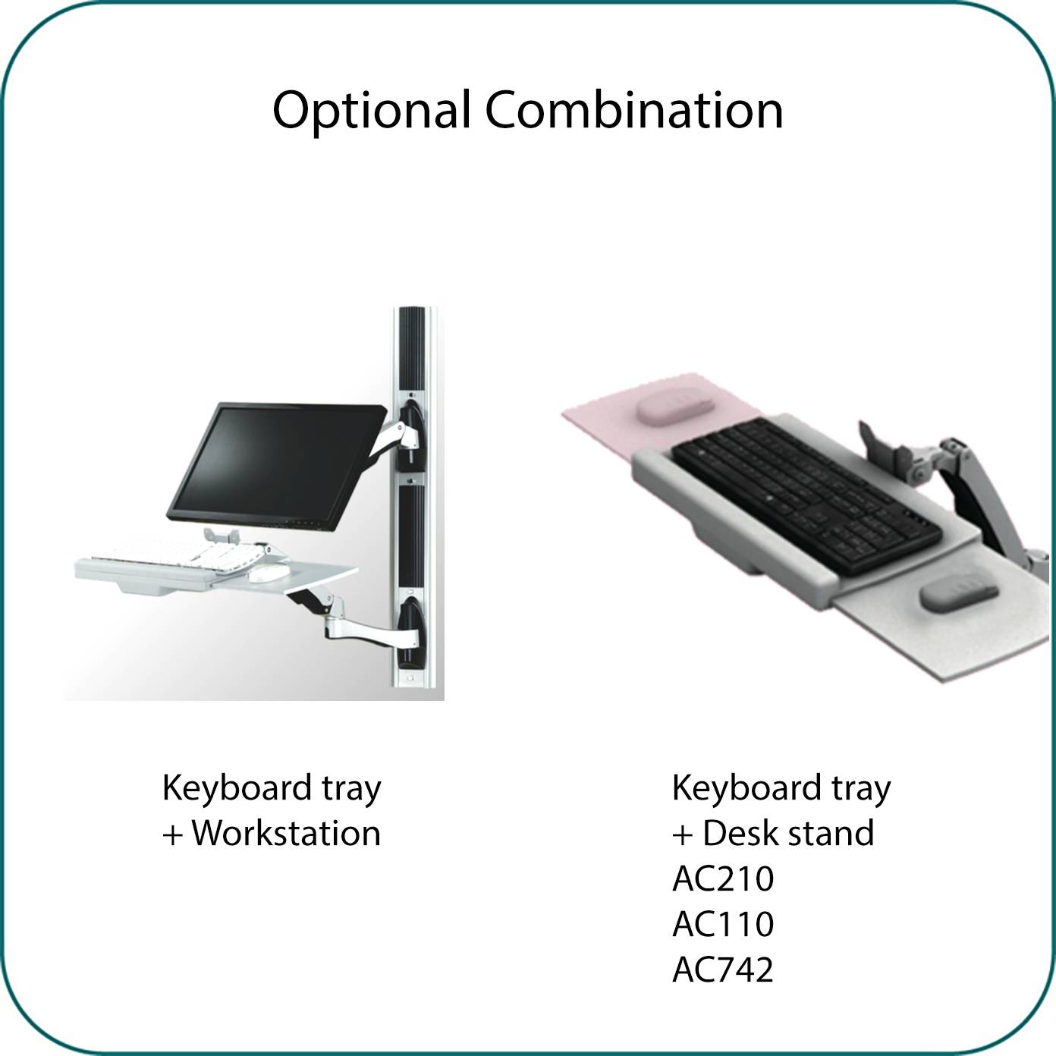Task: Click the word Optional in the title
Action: (x=372, y=112)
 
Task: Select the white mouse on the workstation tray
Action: (x=269, y=573)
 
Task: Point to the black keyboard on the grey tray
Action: (x=806, y=496)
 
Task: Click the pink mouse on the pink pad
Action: (x=675, y=405)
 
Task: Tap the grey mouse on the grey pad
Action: (x=958, y=592)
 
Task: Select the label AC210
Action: (x=723, y=878)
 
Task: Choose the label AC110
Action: (x=723, y=924)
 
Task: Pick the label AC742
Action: (x=723, y=970)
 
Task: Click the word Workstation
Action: (x=286, y=833)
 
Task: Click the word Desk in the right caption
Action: (x=743, y=833)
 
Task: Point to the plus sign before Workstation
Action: (x=173, y=836)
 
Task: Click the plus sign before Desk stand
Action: (x=683, y=836)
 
